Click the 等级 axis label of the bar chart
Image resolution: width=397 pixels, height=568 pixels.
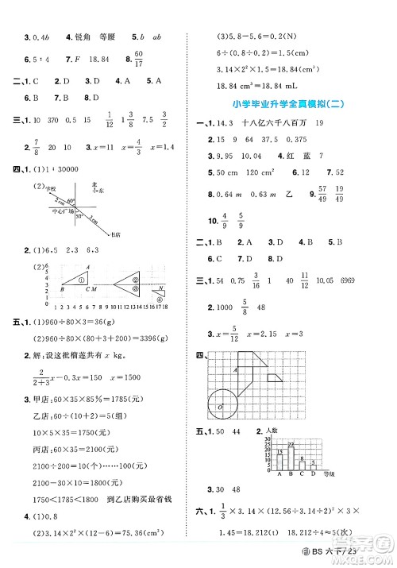coord(345,477)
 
